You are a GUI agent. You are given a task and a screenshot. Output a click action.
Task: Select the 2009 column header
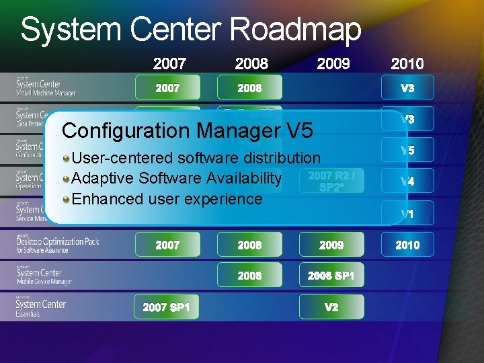[333, 64]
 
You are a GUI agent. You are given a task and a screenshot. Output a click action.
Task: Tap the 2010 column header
[407, 64]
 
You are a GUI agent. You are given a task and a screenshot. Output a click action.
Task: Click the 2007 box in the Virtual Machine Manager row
[167, 87]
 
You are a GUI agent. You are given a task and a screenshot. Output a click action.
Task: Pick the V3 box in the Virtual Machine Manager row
[407, 87]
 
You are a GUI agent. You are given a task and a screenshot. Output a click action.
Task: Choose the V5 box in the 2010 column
[407, 151]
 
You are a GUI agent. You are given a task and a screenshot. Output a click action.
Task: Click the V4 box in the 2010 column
[407, 182]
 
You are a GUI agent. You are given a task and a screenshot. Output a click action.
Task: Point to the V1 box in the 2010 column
[407, 214]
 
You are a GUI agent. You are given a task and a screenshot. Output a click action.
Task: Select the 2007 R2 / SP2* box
[331, 180]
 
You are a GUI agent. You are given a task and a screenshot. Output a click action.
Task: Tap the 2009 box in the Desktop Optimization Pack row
[331, 245]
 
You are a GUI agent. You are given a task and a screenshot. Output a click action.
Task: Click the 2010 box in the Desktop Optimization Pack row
[407, 245]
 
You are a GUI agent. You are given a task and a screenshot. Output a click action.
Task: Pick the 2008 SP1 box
[331, 276]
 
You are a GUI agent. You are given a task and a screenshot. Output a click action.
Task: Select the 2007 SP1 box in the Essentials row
[167, 307]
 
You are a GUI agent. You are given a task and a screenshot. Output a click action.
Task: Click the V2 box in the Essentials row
[331, 307]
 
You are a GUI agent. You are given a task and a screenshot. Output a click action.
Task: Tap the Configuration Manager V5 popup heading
[187, 130]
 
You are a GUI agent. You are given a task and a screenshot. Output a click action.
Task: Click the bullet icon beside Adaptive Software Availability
[66, 178]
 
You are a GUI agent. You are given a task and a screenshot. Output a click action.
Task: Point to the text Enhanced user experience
[167, 199]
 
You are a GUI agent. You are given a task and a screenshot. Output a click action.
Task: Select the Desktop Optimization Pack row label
[57, 245]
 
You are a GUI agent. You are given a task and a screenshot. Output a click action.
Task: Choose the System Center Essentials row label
[42, 307]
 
